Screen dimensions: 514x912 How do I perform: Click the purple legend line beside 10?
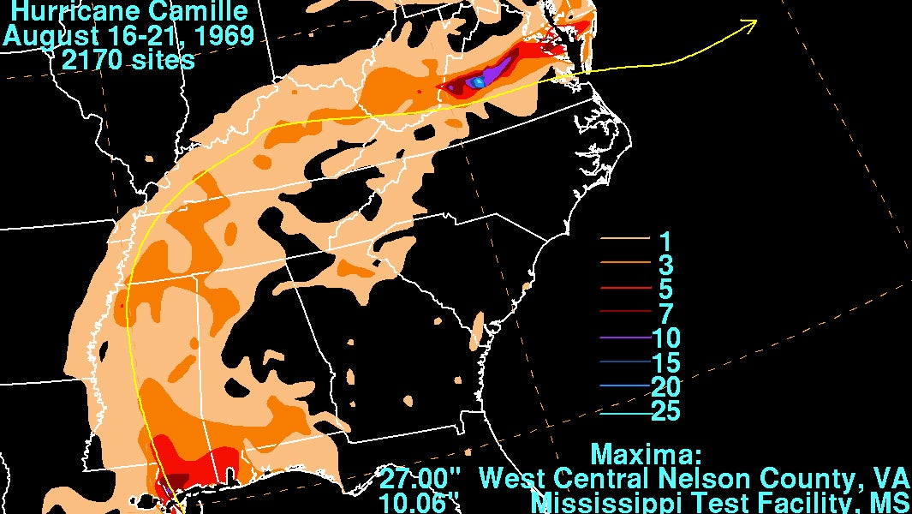pyautogui.click(x=623, y=338)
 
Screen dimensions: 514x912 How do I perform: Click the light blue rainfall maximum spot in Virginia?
pyautogui.click(x=479, y=81)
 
